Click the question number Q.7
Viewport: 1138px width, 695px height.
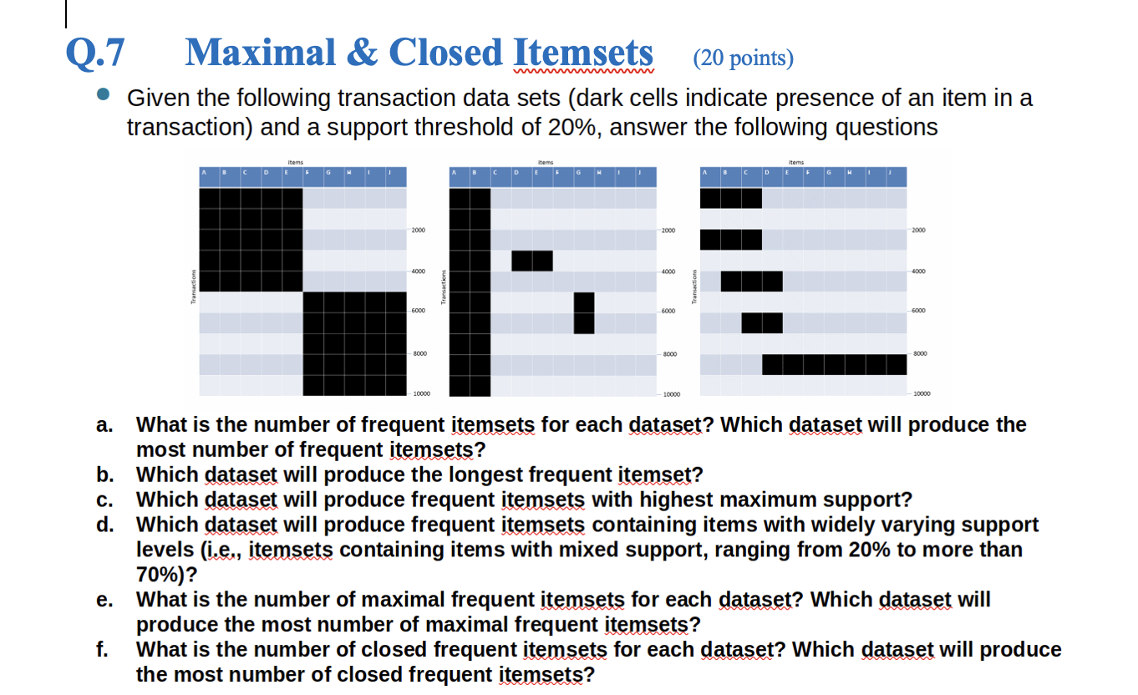point(96,53)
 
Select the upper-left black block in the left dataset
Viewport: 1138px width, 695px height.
point(250,239)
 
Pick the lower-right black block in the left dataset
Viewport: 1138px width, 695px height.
point(355,343)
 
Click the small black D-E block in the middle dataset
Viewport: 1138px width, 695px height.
point(532,260)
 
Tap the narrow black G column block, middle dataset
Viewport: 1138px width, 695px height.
point(584,312)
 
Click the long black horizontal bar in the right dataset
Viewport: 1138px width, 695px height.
point(834,364)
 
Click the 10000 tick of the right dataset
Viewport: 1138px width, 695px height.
point(923,393)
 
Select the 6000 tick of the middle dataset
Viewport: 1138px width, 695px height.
point(668,312)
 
